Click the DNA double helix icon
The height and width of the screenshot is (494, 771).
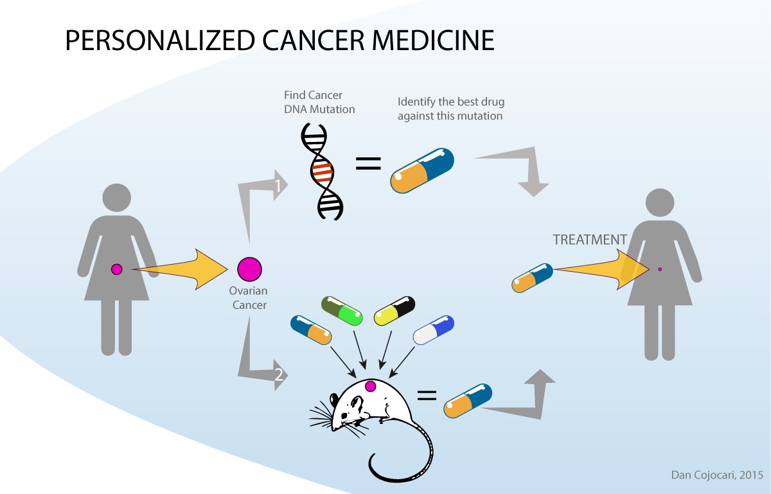pyautogui.click(x=323, y=172)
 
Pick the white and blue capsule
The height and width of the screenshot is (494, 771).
pyautogui.click(x=434, y=331)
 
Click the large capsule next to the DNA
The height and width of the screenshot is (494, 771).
pyautogui.click(x=422, y=171)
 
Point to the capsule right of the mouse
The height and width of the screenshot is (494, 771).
pyautogui.click(x=468, y=401)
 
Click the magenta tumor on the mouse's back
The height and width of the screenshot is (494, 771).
pyautogui.click(x=370, y=386)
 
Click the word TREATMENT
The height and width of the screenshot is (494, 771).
pyautogui.click(x=590, y=240)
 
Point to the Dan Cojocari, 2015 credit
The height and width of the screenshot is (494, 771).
pyautogui.click(x=713, y=475)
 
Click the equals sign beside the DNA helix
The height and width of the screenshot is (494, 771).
pyautogui.click(x=368, y=164)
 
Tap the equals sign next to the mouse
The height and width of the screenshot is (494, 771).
pyautogui.click(x=427, y=396)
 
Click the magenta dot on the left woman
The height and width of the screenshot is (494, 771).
pyautogui.click(x=116, y=269)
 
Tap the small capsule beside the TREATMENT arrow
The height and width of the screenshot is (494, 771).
pyautogui.click(x=532, y=278)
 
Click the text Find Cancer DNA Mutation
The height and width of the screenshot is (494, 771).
pyautogui.click(x=319, y=102)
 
